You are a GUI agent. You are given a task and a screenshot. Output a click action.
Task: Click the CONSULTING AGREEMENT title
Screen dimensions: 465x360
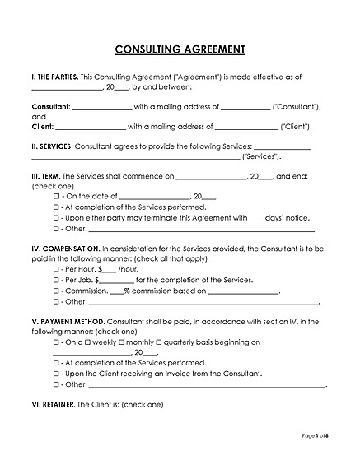point(180,49)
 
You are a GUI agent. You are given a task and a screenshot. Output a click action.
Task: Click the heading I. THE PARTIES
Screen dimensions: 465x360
point(55,76)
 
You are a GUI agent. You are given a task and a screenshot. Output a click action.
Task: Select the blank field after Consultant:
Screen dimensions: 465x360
point(102,106)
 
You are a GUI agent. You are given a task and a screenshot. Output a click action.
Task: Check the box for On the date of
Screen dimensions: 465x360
point(56,197)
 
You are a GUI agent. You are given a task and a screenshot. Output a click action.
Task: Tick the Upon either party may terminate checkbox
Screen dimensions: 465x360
point(56,218)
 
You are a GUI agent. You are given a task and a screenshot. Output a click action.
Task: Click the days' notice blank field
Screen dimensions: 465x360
point(256,218)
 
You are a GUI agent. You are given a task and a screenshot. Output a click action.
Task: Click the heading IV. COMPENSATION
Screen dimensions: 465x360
point(64,249)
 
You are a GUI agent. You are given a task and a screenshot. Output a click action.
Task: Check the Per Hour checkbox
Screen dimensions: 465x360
point(56,269)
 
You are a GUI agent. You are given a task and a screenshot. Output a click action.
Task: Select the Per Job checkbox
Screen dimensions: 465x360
point(56,280)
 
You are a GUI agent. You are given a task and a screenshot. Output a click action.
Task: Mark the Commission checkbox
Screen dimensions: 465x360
point(56,291)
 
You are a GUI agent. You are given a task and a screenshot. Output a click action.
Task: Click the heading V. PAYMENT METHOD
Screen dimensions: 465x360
point(68,321)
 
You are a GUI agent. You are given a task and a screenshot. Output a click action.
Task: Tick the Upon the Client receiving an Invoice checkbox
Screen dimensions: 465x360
point(56,373)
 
